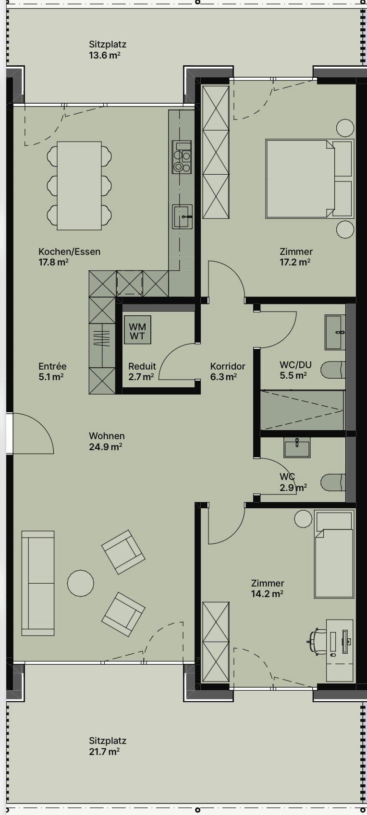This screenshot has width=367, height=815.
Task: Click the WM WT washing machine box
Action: (x=137, y=330)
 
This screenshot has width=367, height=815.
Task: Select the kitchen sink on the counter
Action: (x=183, y=216)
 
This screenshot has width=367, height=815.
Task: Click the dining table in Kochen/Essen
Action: (x=79, y=185)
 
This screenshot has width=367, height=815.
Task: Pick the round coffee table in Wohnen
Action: (x=80, y=583)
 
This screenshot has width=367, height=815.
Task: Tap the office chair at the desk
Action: (x=317, y=641)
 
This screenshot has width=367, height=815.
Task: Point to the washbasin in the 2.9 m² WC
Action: (x=297, y=447)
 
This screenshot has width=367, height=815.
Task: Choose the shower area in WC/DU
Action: (x=302, y=410)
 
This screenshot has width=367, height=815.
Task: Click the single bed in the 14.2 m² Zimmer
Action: (x=333, y=554)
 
